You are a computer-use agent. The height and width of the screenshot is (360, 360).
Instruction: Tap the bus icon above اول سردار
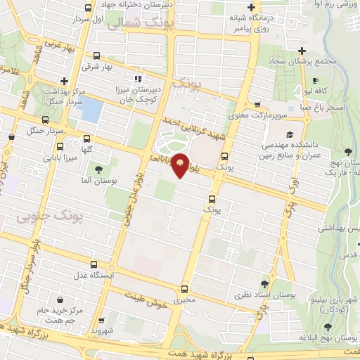tap(87, 8)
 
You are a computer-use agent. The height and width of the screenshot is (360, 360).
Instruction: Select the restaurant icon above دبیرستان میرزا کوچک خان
tap(138, 79)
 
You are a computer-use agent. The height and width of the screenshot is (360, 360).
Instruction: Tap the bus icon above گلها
tap(86, 139)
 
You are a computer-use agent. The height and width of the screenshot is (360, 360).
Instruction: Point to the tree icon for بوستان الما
tap(98, 169)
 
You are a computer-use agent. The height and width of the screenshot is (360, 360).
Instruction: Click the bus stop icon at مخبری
tap(185, 289)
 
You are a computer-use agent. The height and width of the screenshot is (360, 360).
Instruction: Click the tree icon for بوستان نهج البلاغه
tap(328, 327)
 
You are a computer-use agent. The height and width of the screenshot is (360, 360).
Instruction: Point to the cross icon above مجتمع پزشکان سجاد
tap(302, 51)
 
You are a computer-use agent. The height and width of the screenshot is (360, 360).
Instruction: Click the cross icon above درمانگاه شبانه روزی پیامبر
tap(250, 8)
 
